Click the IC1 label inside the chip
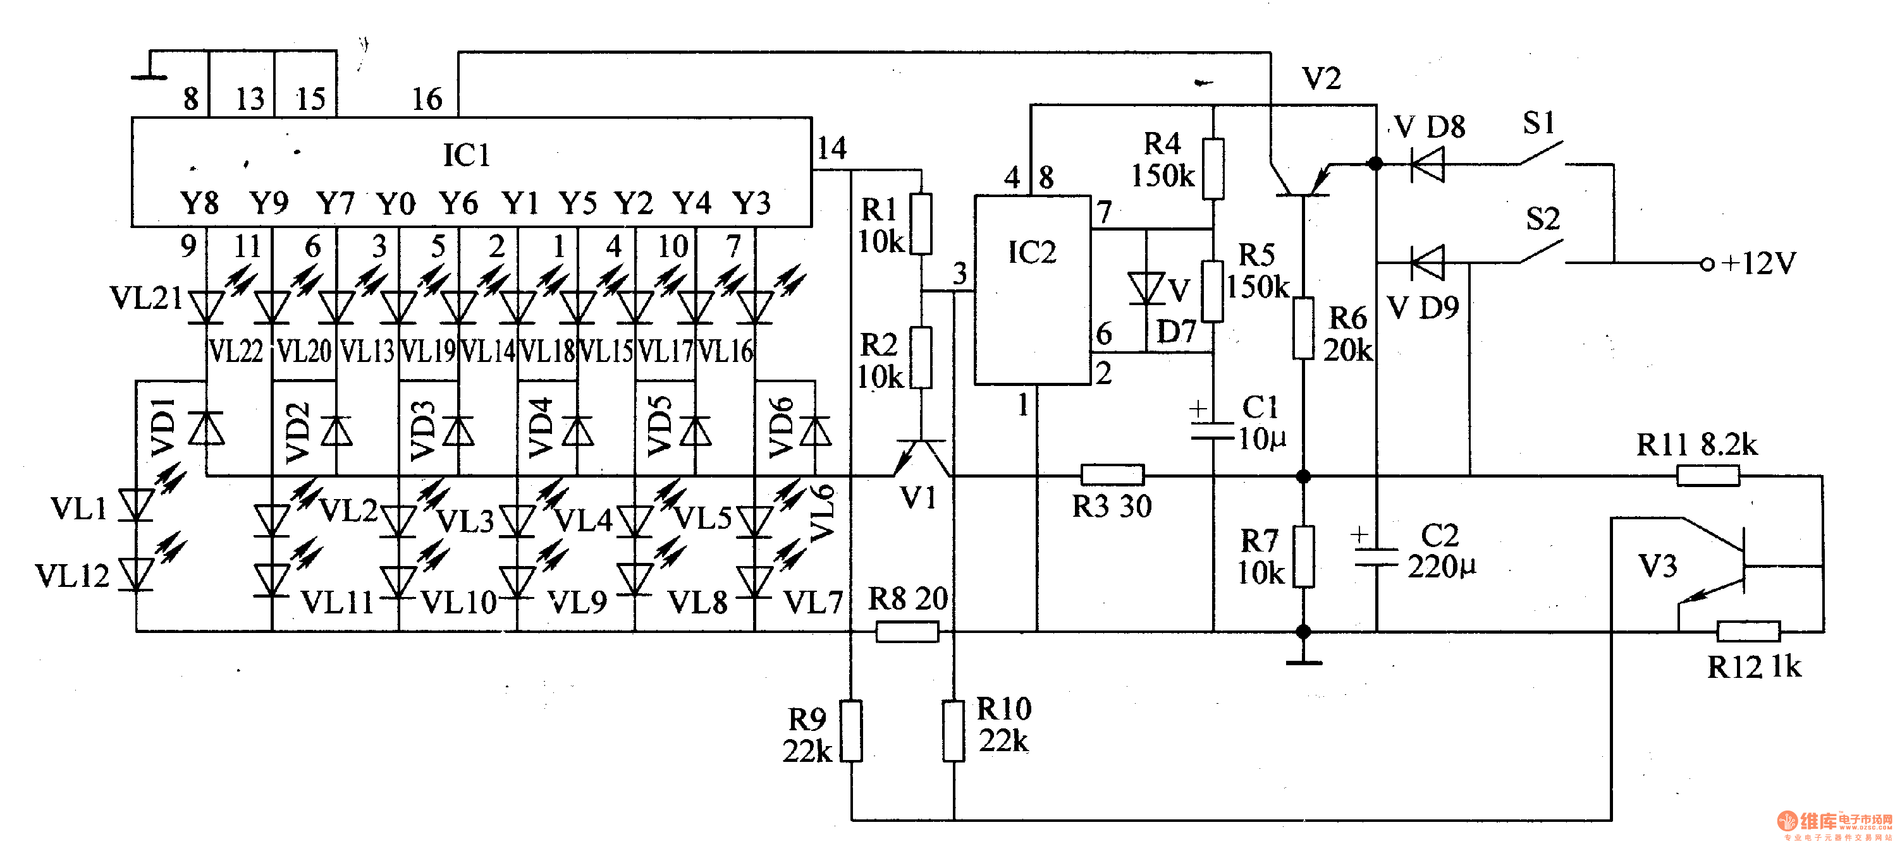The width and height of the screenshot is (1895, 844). coord(465,155)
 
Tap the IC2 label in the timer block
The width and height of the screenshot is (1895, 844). coord(1031,252)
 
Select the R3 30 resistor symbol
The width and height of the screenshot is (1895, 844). coord(1112,475)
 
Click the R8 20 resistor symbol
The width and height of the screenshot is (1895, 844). coord(907,632)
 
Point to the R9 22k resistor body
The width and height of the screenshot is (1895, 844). coord(851,731)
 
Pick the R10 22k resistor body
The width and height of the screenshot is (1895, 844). coord(954,731)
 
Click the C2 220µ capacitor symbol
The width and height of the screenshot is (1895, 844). coord(1376,557)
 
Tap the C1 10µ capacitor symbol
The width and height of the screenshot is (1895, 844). coord(1212,430)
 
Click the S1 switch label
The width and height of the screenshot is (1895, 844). coord(1539,123)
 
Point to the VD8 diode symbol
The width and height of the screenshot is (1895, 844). coord(1427,164)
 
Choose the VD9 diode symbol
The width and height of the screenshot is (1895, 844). coord(1427,262)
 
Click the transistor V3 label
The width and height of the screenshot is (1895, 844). coord(1658,566)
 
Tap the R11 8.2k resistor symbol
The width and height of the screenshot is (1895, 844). coord(1708,476)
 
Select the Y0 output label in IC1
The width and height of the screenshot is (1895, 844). coord(396,203)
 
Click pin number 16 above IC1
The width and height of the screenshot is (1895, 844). coord(427,99)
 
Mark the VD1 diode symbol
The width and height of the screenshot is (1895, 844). coord(206,428)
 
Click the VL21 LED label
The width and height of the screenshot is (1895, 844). coord(145,298)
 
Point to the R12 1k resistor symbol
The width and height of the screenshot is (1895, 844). coord(1748,632)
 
